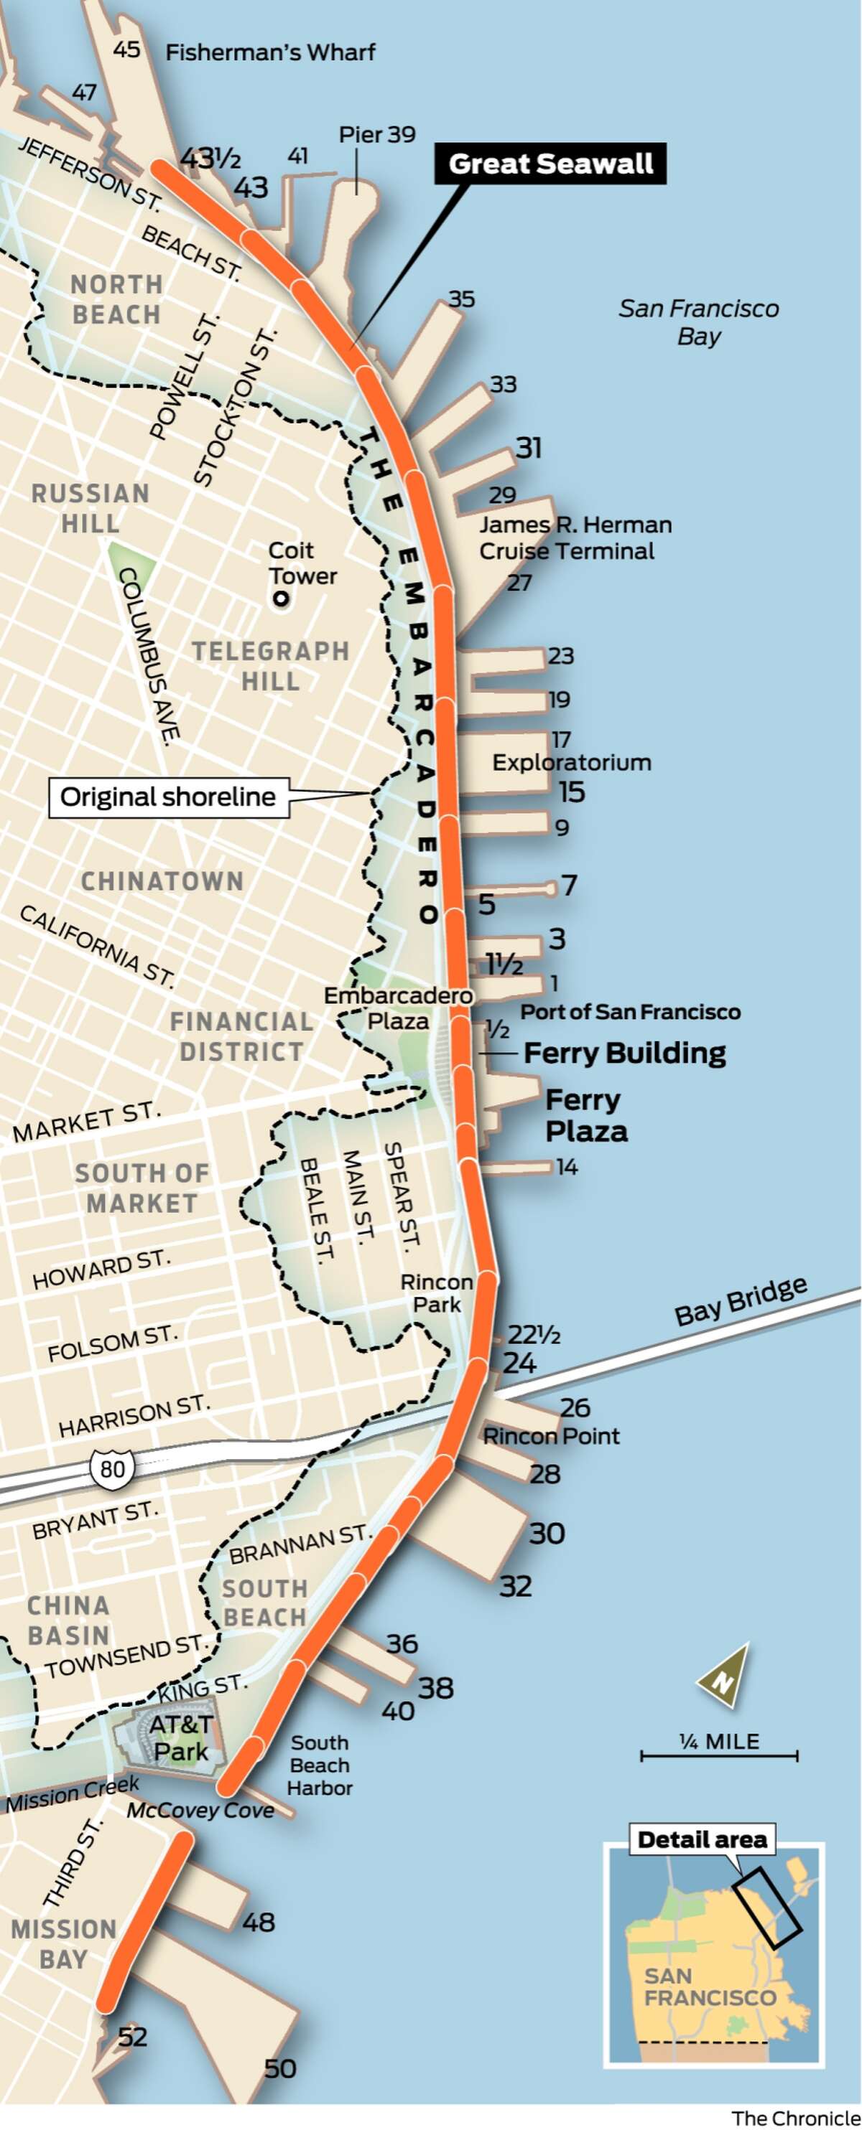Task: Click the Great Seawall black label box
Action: (550, 164)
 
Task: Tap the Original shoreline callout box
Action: (168, 797)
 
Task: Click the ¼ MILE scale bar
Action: (719, 1755)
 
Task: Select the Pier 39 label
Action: (377, 135)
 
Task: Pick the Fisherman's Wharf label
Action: (269, 53)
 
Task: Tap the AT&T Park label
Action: (181, 1737)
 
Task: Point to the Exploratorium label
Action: (572, 762)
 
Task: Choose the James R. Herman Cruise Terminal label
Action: (575, 538)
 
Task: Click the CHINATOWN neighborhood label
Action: (162, 881)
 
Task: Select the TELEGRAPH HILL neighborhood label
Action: (271, 666)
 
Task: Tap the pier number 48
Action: (258, 1922)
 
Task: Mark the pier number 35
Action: (462, 299)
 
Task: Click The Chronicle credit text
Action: (795, 2119)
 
